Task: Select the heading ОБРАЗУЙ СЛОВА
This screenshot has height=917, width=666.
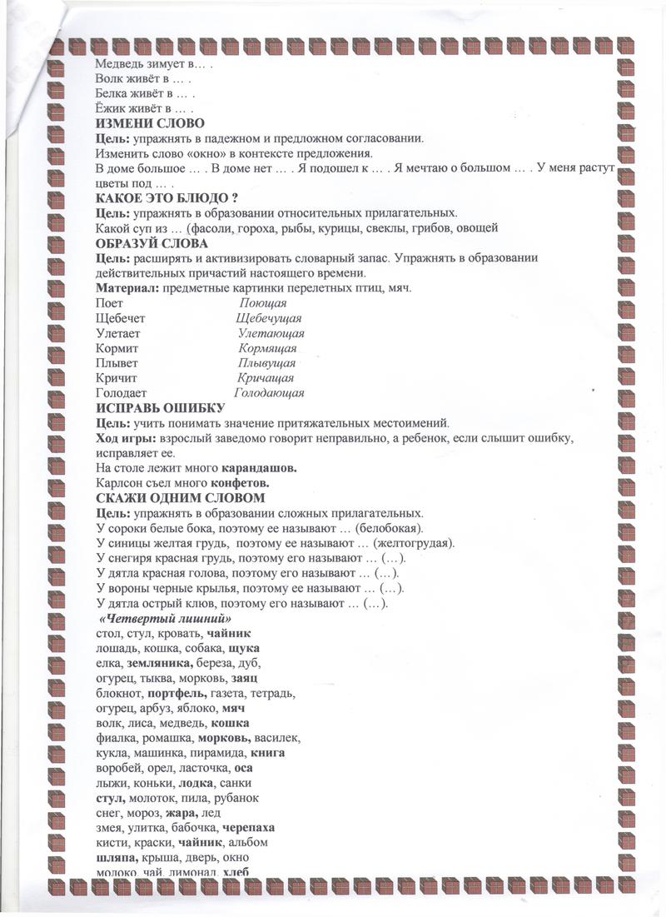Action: point(152,243)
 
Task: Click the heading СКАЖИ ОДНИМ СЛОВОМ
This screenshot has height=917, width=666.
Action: point(179,498)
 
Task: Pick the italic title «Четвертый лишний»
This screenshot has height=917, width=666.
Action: point(165,620)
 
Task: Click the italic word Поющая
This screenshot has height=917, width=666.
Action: point(263,303)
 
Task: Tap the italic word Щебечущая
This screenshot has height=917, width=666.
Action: point(268,318)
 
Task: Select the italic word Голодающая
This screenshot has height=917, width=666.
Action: point(269,393)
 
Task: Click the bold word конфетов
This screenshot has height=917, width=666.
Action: point(241,483)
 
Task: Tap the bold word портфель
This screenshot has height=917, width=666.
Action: point(175,694)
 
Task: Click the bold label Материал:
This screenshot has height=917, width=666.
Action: point(129,288)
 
